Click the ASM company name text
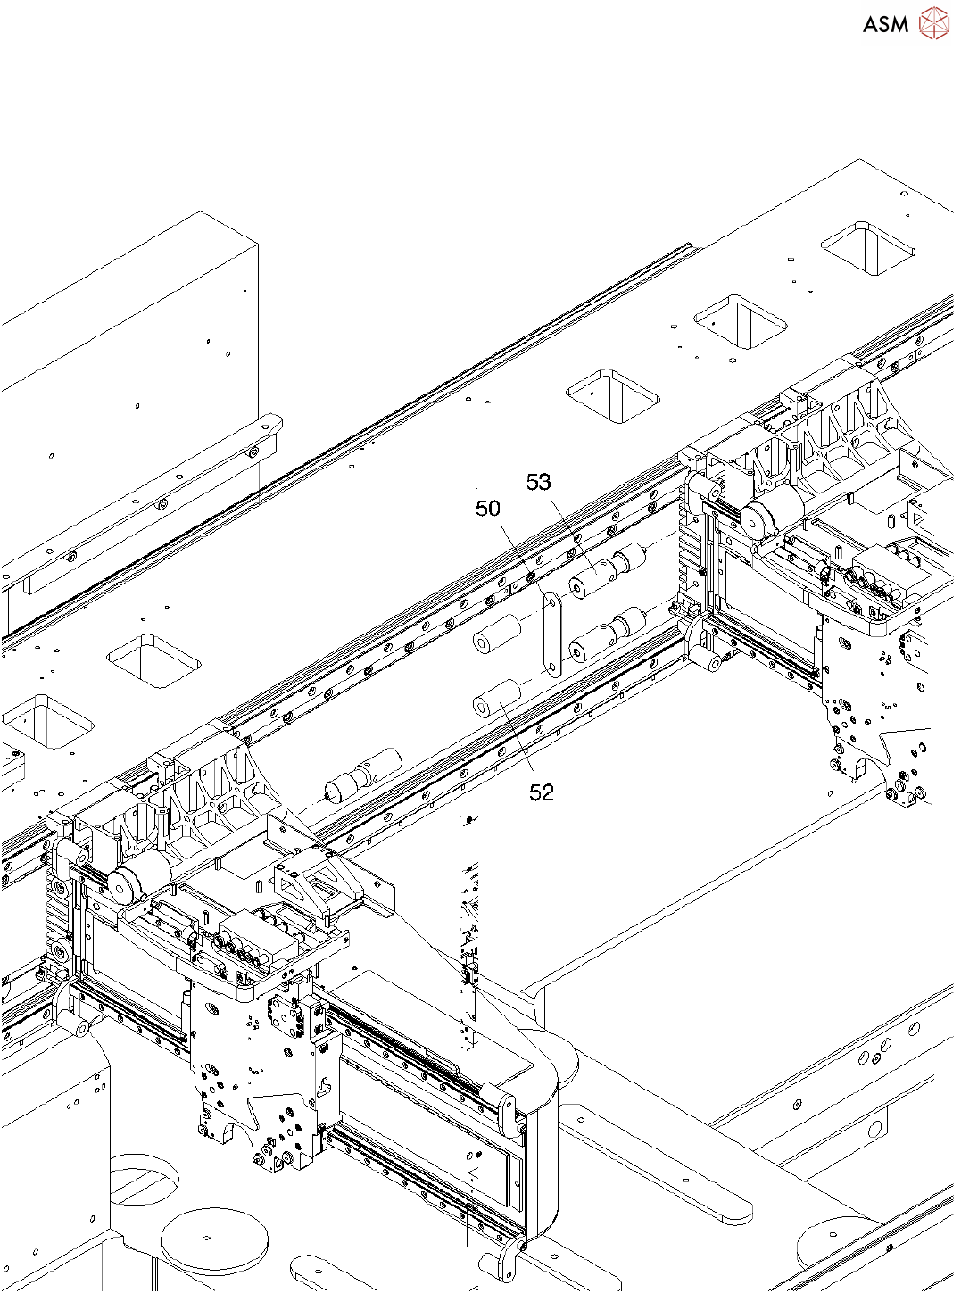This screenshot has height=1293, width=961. click(x=885, y=25)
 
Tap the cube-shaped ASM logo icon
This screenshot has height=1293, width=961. click(x=934, y=24)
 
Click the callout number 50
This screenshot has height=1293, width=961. click(x=488, y=509)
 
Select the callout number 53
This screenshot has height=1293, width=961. click(x=539, y=483)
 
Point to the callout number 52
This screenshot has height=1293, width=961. click(x=542, y=792)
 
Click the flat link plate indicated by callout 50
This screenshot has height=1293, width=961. click(x=552, y=634)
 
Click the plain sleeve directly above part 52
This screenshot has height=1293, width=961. click(x=497, y=633)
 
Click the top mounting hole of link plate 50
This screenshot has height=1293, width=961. click(x=551, y=602)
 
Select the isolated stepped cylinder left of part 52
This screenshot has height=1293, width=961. click(x=361, y=775)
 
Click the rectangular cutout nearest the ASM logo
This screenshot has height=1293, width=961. click(x=869, y=249)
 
